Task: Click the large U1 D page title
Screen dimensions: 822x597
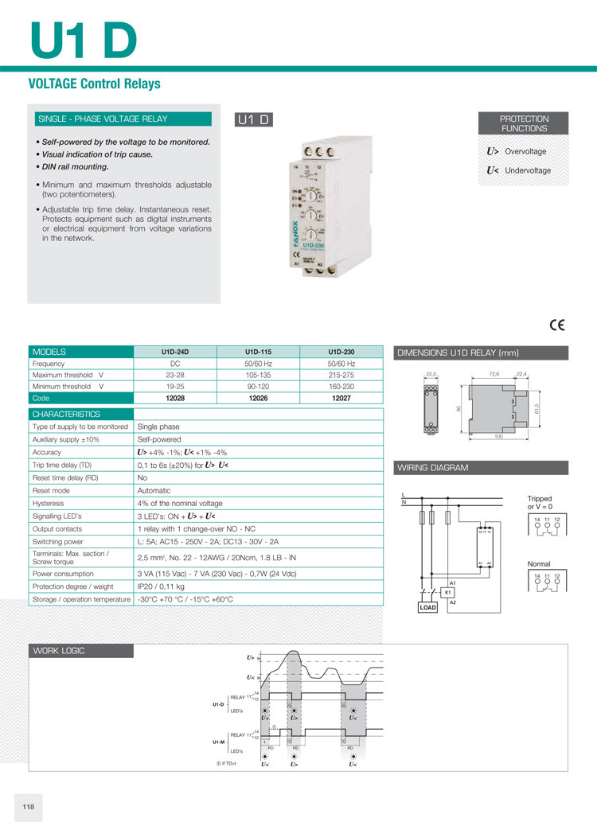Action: point(83,39)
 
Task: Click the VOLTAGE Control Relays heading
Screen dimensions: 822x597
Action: point(94,84)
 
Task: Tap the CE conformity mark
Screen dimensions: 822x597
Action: point(556,325)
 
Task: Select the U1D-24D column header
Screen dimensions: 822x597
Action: point(175,352)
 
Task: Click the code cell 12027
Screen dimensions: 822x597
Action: point(341,397)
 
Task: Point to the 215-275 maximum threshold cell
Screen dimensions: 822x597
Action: point(341,375)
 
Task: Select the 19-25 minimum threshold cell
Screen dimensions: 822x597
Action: point(175,386)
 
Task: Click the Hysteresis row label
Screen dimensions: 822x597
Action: point(49,503)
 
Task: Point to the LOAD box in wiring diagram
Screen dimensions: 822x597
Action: point(428,607)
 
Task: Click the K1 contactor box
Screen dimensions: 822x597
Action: point(448,593)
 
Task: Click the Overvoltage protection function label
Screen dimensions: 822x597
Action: point(525,151)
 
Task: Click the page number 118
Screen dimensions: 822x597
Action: point(29,807)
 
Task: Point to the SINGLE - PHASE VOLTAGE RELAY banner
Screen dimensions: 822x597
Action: point(103,119)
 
